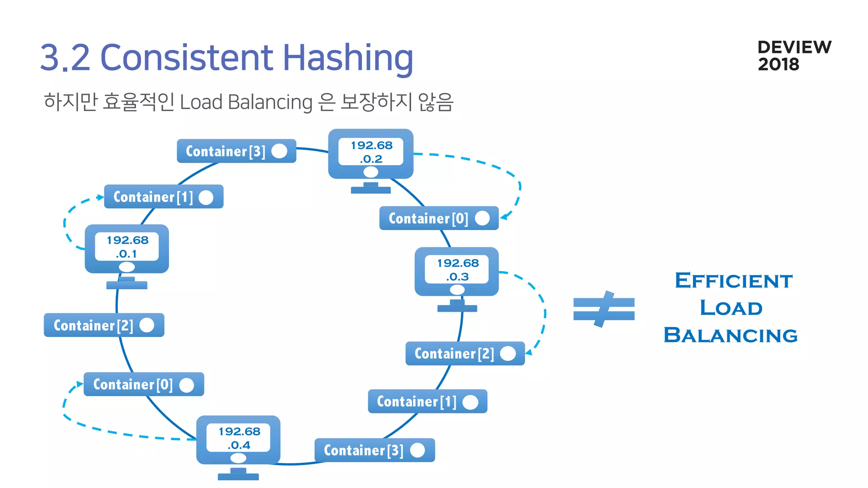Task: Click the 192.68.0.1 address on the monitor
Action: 127,247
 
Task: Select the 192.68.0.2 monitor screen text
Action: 371,152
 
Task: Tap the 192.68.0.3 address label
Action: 457,269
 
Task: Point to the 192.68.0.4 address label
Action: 239,438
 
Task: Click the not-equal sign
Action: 604,309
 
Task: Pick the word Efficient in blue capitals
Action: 733,281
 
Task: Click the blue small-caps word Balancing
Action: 730,335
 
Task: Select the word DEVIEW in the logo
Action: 794,47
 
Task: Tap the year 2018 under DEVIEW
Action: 778,64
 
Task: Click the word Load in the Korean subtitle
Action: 201,102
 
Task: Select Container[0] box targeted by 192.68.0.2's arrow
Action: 439,218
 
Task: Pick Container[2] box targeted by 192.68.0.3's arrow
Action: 465,353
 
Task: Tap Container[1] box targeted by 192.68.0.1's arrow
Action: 164,197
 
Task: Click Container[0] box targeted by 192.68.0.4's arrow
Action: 144,384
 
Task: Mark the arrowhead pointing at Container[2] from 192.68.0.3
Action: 529,352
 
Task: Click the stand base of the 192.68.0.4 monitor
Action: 238,477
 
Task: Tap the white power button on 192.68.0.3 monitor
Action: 457,290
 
